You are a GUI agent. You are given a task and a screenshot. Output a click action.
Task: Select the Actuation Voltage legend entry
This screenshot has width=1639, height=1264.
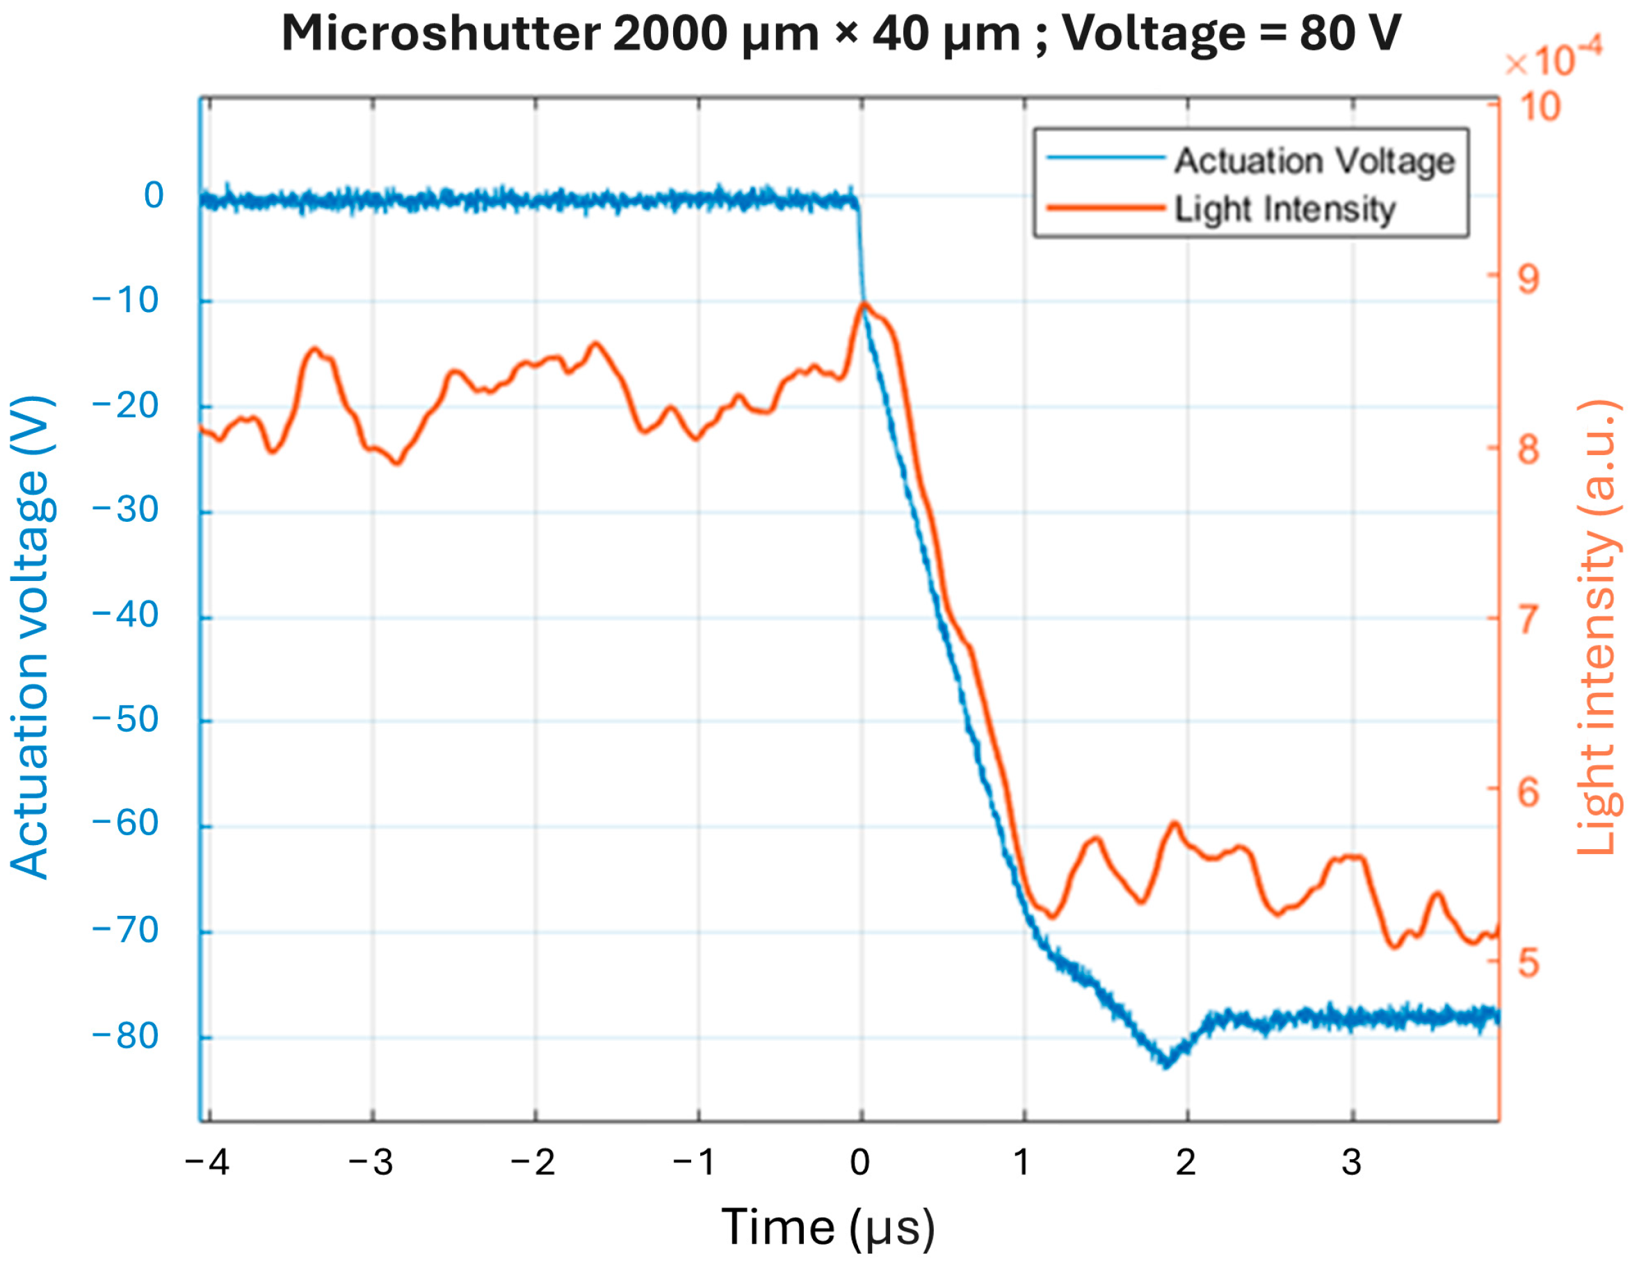tap(1314, 161)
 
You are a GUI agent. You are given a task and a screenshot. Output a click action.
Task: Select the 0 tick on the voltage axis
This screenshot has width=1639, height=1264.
tap(153, 196)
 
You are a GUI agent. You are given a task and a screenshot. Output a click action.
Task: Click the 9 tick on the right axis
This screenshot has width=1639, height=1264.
tap(1528, 280)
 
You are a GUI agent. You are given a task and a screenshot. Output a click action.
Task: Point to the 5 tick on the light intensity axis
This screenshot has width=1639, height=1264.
tap(1528, 963)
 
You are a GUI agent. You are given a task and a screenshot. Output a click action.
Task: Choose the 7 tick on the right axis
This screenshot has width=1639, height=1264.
tap(1528, 621)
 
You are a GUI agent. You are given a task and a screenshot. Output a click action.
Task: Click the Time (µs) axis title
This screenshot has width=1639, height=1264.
tap(827, 1228)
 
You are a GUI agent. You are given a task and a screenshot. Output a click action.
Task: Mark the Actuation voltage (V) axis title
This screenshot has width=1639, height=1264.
tap(30, 638)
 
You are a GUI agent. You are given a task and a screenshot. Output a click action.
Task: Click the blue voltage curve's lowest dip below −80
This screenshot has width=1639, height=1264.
tap(1165, 1064)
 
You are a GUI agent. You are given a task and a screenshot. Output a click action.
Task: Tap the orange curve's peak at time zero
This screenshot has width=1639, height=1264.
tap(864, 304)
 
